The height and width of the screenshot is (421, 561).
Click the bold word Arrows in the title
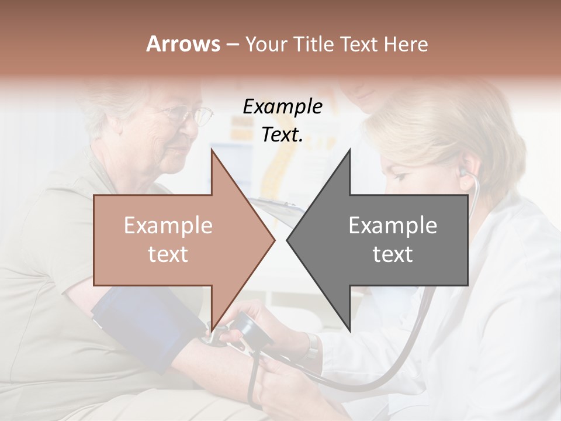coord(183,44)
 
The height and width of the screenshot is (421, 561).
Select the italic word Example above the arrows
coord(282,107)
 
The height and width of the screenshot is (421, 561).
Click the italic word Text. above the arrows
coord(282,135)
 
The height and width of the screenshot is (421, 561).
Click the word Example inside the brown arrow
coord(168,226)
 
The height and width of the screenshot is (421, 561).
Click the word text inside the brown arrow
coord(168,254)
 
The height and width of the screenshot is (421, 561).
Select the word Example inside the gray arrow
coord(393,226)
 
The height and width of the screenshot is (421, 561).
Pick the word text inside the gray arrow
coord(393,254)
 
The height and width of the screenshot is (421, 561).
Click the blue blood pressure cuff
coord(134,325)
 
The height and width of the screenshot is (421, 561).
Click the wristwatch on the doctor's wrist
coord(313,346)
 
